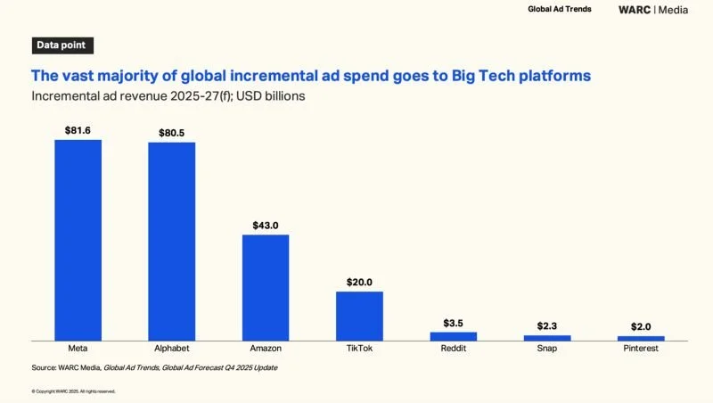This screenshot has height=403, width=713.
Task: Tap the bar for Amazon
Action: (x=266, y=286)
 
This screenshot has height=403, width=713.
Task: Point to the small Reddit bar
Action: (x=453, y=335)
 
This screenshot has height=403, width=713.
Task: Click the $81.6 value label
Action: (x=78, y=130)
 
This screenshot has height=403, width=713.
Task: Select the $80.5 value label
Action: (x=171, y=133)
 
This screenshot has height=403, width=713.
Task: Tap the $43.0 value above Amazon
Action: (x=266, y=226)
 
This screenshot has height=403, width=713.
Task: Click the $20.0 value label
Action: (x=359, y=282)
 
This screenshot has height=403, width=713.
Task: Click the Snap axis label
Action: (x=546, y=349)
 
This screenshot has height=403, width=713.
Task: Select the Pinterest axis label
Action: (x=641, y=349)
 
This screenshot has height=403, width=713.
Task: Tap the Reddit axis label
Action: (x=453, y=349)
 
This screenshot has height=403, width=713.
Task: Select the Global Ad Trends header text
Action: (x=559, y=10)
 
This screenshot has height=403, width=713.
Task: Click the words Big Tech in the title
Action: (x=487, y=76)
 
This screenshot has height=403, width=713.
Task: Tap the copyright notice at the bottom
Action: (x=73, y=391)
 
